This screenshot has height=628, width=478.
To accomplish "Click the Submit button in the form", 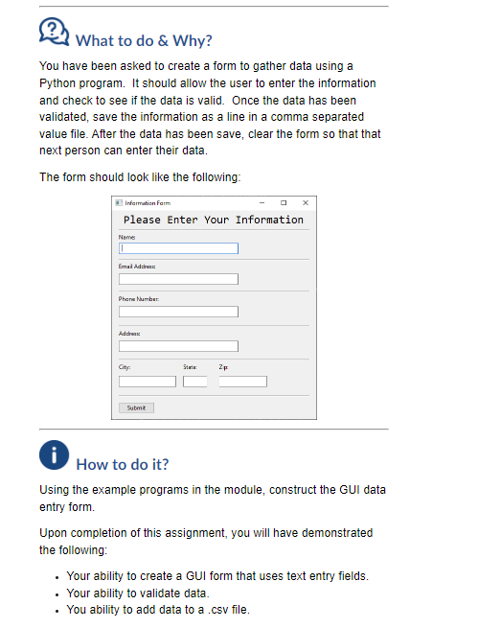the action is (x=137, y=407).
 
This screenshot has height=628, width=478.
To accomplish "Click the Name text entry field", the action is (x=178, y=248).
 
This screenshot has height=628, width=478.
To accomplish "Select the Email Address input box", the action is (x=178, y=280).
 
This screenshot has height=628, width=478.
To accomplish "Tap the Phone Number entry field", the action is (x=178, y=312).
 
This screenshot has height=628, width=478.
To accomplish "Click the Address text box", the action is (x=178, y=346).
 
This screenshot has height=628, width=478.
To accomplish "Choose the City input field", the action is (x=148, y=382).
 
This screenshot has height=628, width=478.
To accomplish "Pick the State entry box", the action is (x=195, y=382).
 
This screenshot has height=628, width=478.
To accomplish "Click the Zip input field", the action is (x=242, y=382).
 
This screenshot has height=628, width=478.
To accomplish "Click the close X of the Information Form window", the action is (x=305, y=202).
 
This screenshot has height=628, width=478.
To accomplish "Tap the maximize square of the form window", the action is (x=284, y=202).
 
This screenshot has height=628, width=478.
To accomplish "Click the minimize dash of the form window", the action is (x=262, y=202).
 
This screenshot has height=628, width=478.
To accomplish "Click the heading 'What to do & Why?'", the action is (x=144, y=40).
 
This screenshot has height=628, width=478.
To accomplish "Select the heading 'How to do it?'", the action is (x=123, y=465).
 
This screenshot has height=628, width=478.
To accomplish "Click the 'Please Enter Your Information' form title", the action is (x=214, y=220).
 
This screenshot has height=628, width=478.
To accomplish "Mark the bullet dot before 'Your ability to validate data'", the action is (x=58, y=593).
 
